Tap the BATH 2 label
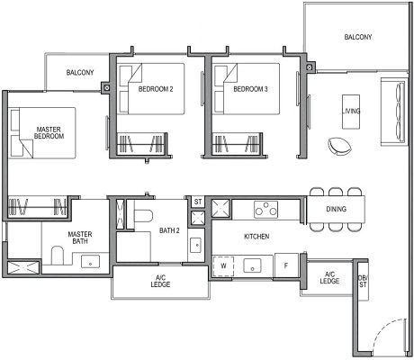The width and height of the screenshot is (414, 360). pyautogui.click(x=169, y=230)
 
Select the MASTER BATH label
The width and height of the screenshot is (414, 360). pyautogui.click(x=79, y=238)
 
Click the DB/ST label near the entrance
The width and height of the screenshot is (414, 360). pyautogui.click(x=362, y=281)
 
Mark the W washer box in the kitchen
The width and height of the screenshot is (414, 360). pyautogui.click(x=222, y=265)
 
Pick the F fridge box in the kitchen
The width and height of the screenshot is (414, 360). pyautogui.click(x=286, y=265)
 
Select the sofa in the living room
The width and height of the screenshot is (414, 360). pyautogui.click(x=393, y=111)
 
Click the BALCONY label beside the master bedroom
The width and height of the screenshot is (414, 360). pyautogui.click(x=80, y=73)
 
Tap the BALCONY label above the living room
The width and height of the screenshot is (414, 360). pyautogui.click(x=358, y=38)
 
